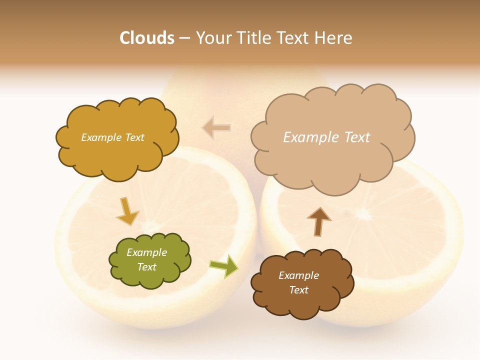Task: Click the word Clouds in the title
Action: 146,38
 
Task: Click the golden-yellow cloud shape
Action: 116,155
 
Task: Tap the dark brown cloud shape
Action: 300,305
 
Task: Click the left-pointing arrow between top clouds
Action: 216,128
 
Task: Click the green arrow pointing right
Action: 223,266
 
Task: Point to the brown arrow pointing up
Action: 318,221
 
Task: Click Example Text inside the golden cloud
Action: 112,137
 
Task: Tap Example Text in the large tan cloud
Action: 326,137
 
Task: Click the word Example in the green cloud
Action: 146,252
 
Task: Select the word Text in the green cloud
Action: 146,267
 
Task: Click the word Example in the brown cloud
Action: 298,275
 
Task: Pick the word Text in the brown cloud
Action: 298,290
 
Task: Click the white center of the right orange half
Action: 362,215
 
